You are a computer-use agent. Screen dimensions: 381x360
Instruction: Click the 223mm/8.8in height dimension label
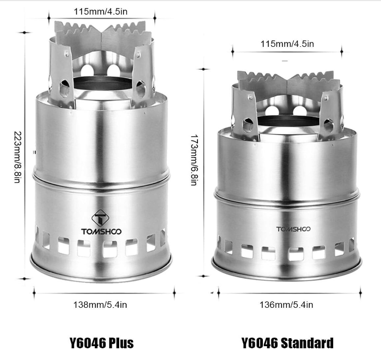tap(18, 157)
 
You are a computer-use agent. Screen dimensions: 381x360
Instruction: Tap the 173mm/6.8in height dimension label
tap(194, 160)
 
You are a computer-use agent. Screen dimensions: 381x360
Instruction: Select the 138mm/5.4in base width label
tap(100, 305)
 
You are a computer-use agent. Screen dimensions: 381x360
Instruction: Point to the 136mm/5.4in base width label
tap(286, 305)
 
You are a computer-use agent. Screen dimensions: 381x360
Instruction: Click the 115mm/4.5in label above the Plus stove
tap(101, 11)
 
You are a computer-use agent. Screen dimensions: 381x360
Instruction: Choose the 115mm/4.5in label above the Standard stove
tap(287, 44)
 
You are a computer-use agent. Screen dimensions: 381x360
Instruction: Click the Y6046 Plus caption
tap(102, 343)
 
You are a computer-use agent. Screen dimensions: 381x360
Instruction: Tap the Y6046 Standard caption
tap(287, 343)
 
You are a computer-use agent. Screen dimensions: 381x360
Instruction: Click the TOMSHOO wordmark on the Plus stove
tap(101, 231)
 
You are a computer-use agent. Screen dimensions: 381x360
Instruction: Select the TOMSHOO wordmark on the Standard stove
tap(293, 229)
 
